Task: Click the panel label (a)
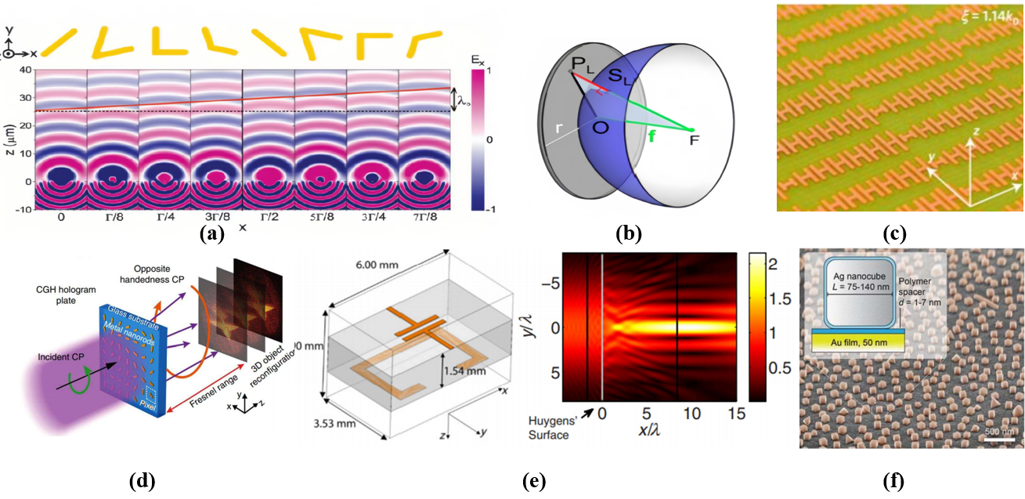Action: pos(211,233)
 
